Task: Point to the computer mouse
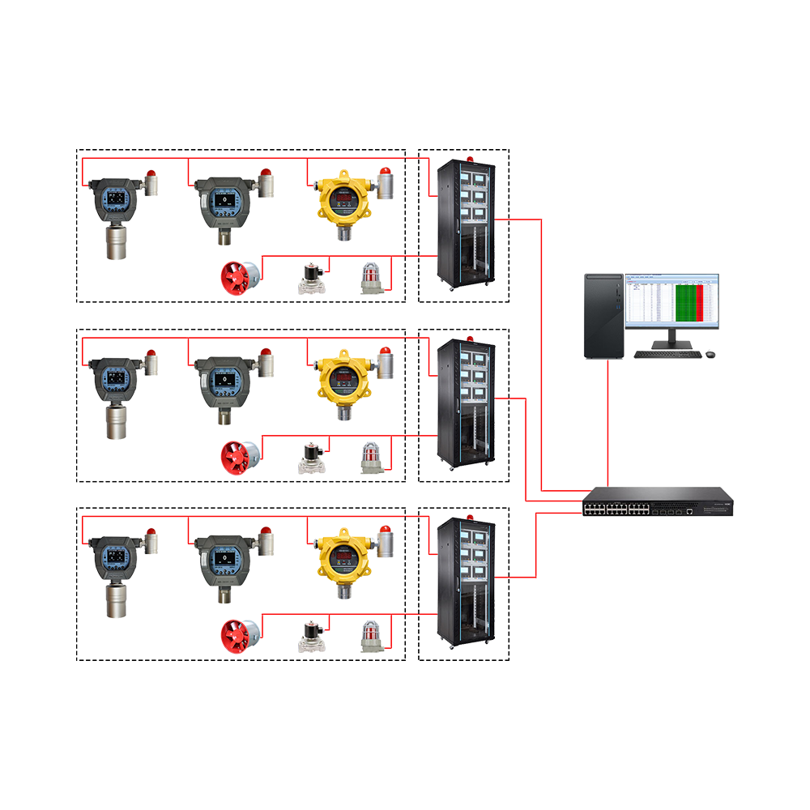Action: (x=710, y=353)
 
